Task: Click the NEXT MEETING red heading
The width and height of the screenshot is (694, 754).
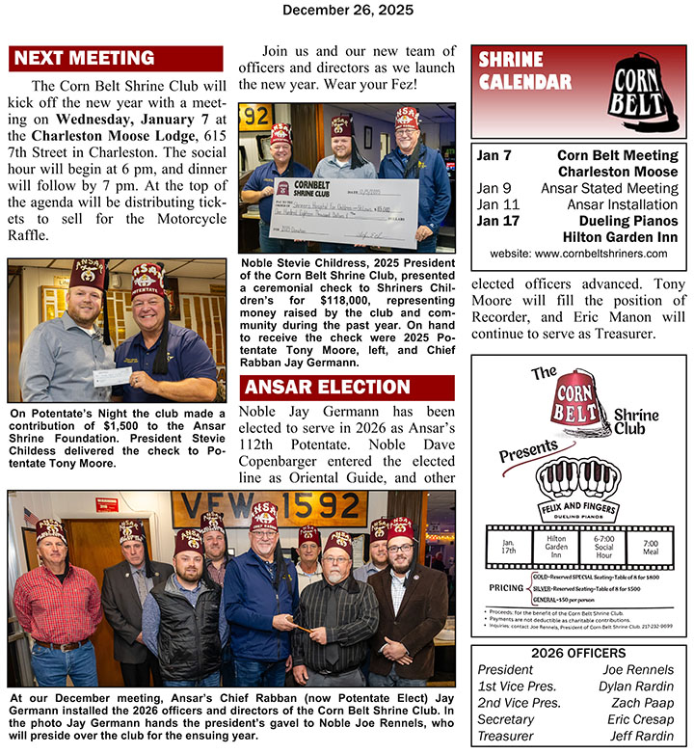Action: (84, 58)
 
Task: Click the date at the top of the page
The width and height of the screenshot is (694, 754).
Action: (347, 11)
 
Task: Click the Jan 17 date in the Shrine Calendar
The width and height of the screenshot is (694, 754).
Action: (494, 221)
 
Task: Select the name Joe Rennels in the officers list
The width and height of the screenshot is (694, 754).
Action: (638, 670)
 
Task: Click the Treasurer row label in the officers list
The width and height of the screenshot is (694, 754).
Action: (506, 736)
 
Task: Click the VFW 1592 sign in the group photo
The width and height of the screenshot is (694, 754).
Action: (269, 509)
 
